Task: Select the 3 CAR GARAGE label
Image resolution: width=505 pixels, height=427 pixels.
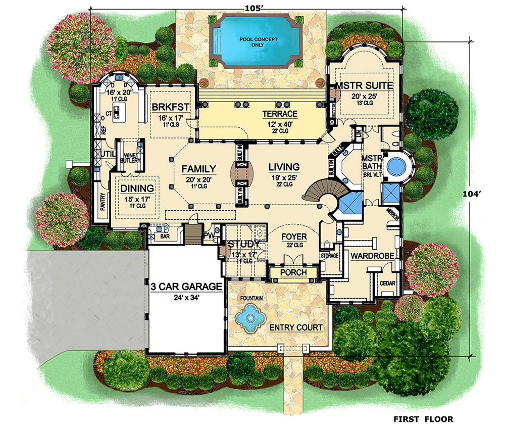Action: tap(186, 287)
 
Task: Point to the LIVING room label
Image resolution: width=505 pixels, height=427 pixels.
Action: tap(283, 167)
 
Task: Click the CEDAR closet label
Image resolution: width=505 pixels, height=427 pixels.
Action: tap(387, 283)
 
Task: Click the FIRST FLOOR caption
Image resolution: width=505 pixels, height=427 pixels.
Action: tap(423, 419)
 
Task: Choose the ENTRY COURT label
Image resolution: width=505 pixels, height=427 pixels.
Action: tap(295, 328)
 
